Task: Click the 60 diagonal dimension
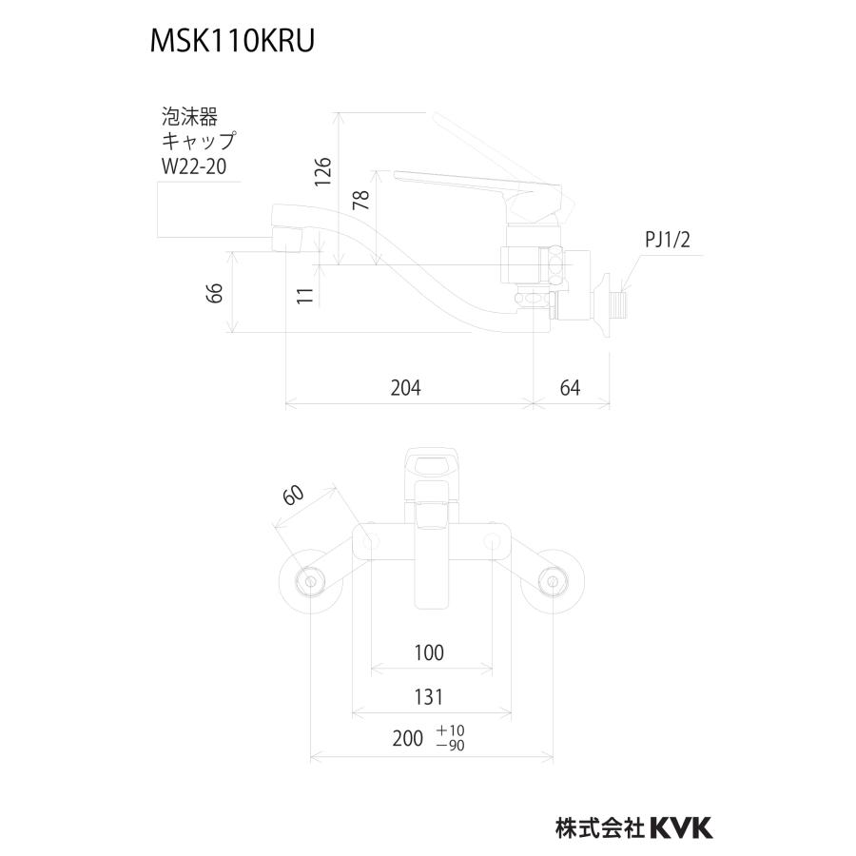click(x=293, y=495)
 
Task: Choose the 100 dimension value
click(x=430, y=652)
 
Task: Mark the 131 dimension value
click(x=430, y=697)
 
